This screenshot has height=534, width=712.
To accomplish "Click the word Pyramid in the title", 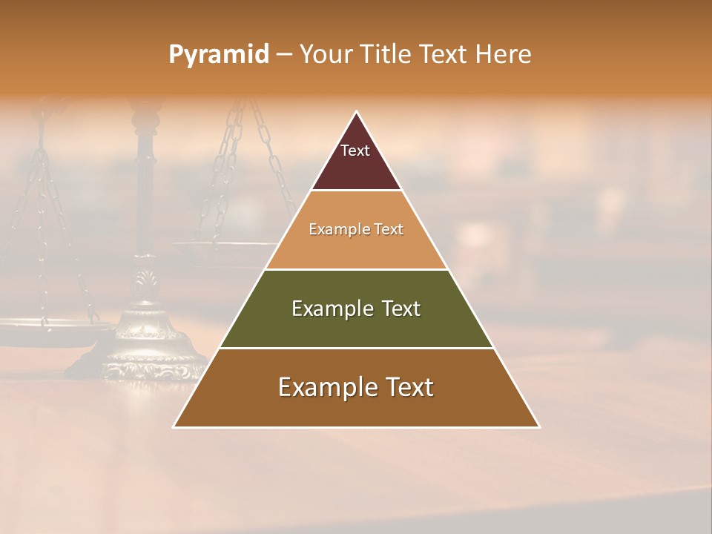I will tap(218, 55).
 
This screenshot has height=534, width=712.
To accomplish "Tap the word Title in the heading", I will tap(386, 54).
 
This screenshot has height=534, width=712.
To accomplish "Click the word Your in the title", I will tap(327, 54).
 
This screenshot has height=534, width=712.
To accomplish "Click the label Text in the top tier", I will tap(355, 151).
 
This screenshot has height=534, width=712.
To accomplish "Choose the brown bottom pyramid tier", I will tap(356, 404).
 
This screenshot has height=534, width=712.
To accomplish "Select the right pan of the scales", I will tap(222, 252).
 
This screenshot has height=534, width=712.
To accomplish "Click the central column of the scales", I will tap(145, 193).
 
